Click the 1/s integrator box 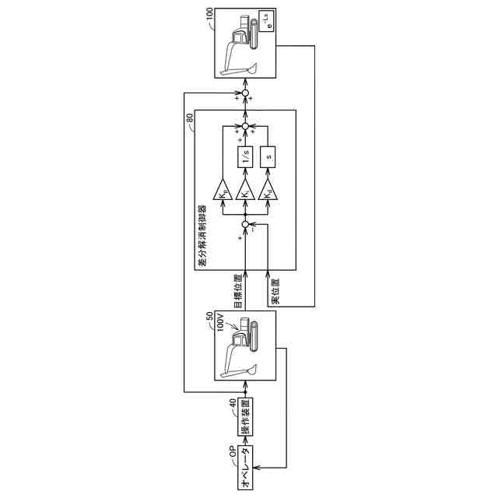coord(245,159)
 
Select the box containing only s coord(269,159)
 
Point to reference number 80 coord(190,117)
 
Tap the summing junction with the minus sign coord(245,225)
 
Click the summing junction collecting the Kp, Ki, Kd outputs coord(245,124)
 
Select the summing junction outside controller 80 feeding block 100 coord(245,95)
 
